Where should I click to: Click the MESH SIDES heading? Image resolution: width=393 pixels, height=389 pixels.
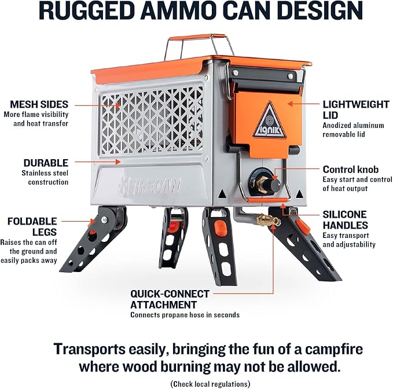39,104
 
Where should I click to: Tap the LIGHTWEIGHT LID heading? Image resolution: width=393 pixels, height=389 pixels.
355,109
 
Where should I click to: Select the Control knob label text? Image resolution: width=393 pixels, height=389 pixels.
350,170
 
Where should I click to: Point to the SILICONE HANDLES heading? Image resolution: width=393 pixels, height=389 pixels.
345,219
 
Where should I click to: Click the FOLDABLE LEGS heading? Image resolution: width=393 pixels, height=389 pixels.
32,226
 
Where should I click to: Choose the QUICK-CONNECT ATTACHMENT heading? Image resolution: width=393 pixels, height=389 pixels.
170,299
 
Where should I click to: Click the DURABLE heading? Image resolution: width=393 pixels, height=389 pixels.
46,163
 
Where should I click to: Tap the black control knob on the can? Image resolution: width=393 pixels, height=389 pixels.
273,185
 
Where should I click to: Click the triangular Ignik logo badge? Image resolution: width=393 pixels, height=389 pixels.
269,121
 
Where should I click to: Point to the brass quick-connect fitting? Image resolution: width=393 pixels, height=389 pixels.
269,219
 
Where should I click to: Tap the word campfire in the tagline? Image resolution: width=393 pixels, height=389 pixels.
334,349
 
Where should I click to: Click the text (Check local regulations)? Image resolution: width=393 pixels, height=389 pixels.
210,384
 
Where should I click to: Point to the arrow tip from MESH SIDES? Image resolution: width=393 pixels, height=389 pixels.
120,105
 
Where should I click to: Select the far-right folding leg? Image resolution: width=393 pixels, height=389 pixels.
304,243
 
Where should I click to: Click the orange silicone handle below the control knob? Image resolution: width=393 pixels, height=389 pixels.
267,200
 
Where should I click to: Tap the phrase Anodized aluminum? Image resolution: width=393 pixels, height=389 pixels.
353,125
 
